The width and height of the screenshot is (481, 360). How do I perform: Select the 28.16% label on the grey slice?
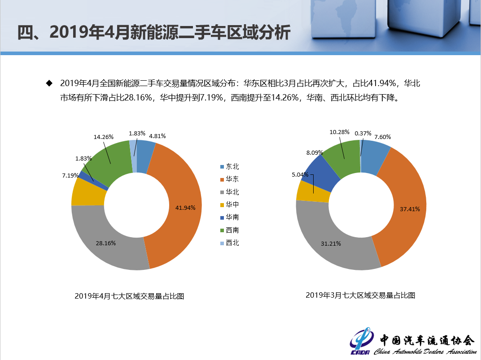click(x=106, y=243)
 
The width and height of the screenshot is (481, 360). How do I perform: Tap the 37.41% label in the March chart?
click(x=410, y=208)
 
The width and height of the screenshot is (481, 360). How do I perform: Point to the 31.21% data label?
click(x=331, y=243)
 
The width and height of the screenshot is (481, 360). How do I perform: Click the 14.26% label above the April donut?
click(x=104, y=137)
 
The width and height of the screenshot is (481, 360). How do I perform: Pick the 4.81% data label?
click(x=157, y=136)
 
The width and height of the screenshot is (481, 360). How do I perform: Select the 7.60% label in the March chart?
click(x=382, y=137)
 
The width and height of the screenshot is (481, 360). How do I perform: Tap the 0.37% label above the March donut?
click(x=363, y=133)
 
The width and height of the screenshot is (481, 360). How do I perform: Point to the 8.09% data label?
click(x=315, y=152)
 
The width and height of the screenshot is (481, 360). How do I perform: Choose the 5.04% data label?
click(x=300, y=174)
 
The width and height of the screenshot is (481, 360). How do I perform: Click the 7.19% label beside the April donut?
click(x=70, y=175)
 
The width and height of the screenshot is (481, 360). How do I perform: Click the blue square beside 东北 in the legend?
click(x=222, y=167)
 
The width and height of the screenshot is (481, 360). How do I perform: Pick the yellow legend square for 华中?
click(x=222, y=205)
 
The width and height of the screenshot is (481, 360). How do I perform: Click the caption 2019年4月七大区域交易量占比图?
click(x=130, y=296)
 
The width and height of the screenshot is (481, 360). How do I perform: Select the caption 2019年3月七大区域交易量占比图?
click(x=360, y=295)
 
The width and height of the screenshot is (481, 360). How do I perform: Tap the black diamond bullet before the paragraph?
click(x=49, y=83)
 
